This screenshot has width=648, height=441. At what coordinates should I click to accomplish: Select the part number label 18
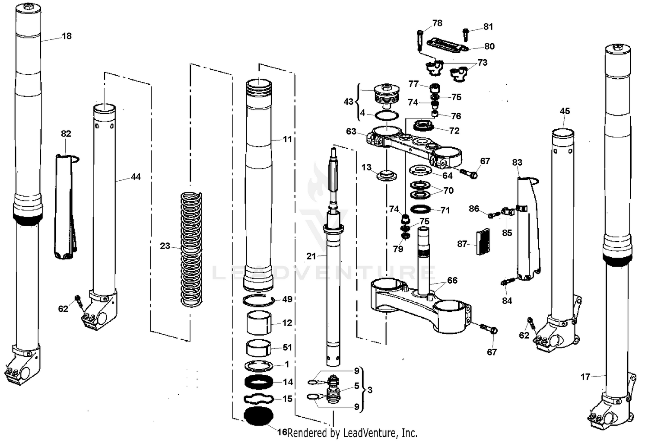(67, 36)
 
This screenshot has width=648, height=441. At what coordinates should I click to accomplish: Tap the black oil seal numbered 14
(258, 383)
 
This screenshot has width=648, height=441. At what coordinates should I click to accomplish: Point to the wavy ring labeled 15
(258, 399)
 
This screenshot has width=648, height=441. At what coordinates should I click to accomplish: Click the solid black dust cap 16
(258, 416)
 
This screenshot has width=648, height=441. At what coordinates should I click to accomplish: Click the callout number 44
(136, 177)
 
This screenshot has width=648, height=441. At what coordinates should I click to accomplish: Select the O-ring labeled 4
(386, 115)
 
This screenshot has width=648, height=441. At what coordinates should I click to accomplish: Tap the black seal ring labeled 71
(420, 209)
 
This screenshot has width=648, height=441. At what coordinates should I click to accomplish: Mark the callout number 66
(452, 281)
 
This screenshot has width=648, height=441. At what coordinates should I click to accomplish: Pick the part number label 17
(585, 377)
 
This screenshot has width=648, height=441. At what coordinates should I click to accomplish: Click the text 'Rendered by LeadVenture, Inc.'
(353, 432)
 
